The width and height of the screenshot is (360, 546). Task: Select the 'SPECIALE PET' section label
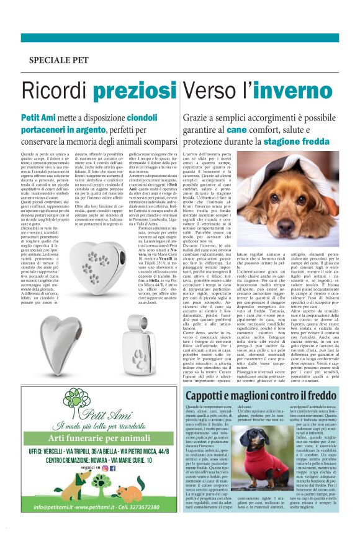pos(60,60)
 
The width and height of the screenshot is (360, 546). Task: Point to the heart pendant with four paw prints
pos(99,268)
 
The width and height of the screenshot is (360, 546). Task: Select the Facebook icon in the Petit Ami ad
pos(112,468)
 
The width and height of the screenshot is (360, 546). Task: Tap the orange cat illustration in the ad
pos(129,493)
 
